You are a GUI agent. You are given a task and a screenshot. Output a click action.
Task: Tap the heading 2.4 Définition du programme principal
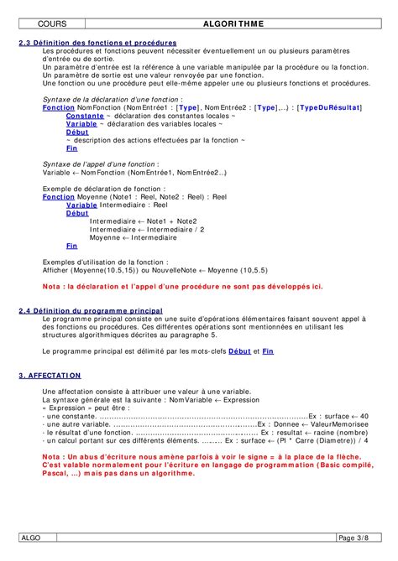[91, 310]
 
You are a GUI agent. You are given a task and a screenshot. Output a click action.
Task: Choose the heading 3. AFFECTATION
[50, 376]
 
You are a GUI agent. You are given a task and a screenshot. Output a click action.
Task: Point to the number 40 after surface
[364, 416]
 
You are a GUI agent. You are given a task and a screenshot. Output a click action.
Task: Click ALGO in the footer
[30, 537]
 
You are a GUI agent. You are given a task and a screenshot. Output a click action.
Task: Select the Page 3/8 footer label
[353, 537]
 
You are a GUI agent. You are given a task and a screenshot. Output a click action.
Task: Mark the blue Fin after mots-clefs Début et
[266, 351]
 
